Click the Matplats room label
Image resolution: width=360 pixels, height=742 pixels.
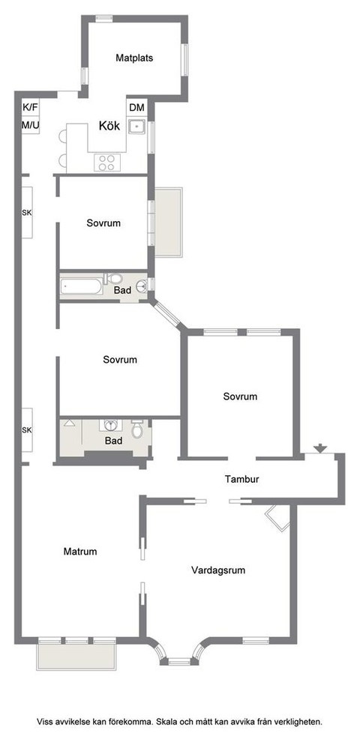coord(135,58)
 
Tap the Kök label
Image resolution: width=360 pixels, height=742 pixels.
coord(109,126)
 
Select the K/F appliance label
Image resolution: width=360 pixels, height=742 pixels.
coord(29,107)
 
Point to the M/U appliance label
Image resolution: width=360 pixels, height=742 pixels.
coord(29,124)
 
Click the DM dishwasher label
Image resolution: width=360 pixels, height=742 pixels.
coord(136,108)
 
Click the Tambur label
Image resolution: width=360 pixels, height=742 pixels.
coord(241,479)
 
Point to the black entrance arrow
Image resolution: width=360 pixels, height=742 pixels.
coord(320,449)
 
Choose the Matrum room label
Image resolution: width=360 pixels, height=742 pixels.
coord(80,552)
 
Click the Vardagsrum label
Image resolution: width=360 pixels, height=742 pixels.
coord(218,570)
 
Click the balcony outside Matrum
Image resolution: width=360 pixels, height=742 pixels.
coord(76,657)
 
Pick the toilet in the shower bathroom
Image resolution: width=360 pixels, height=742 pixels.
coord(136,431)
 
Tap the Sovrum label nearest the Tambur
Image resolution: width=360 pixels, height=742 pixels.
coord(240,396)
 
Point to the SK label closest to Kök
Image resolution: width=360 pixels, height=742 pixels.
coord(27,213)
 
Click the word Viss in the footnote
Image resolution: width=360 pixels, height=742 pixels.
coord(47,722)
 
